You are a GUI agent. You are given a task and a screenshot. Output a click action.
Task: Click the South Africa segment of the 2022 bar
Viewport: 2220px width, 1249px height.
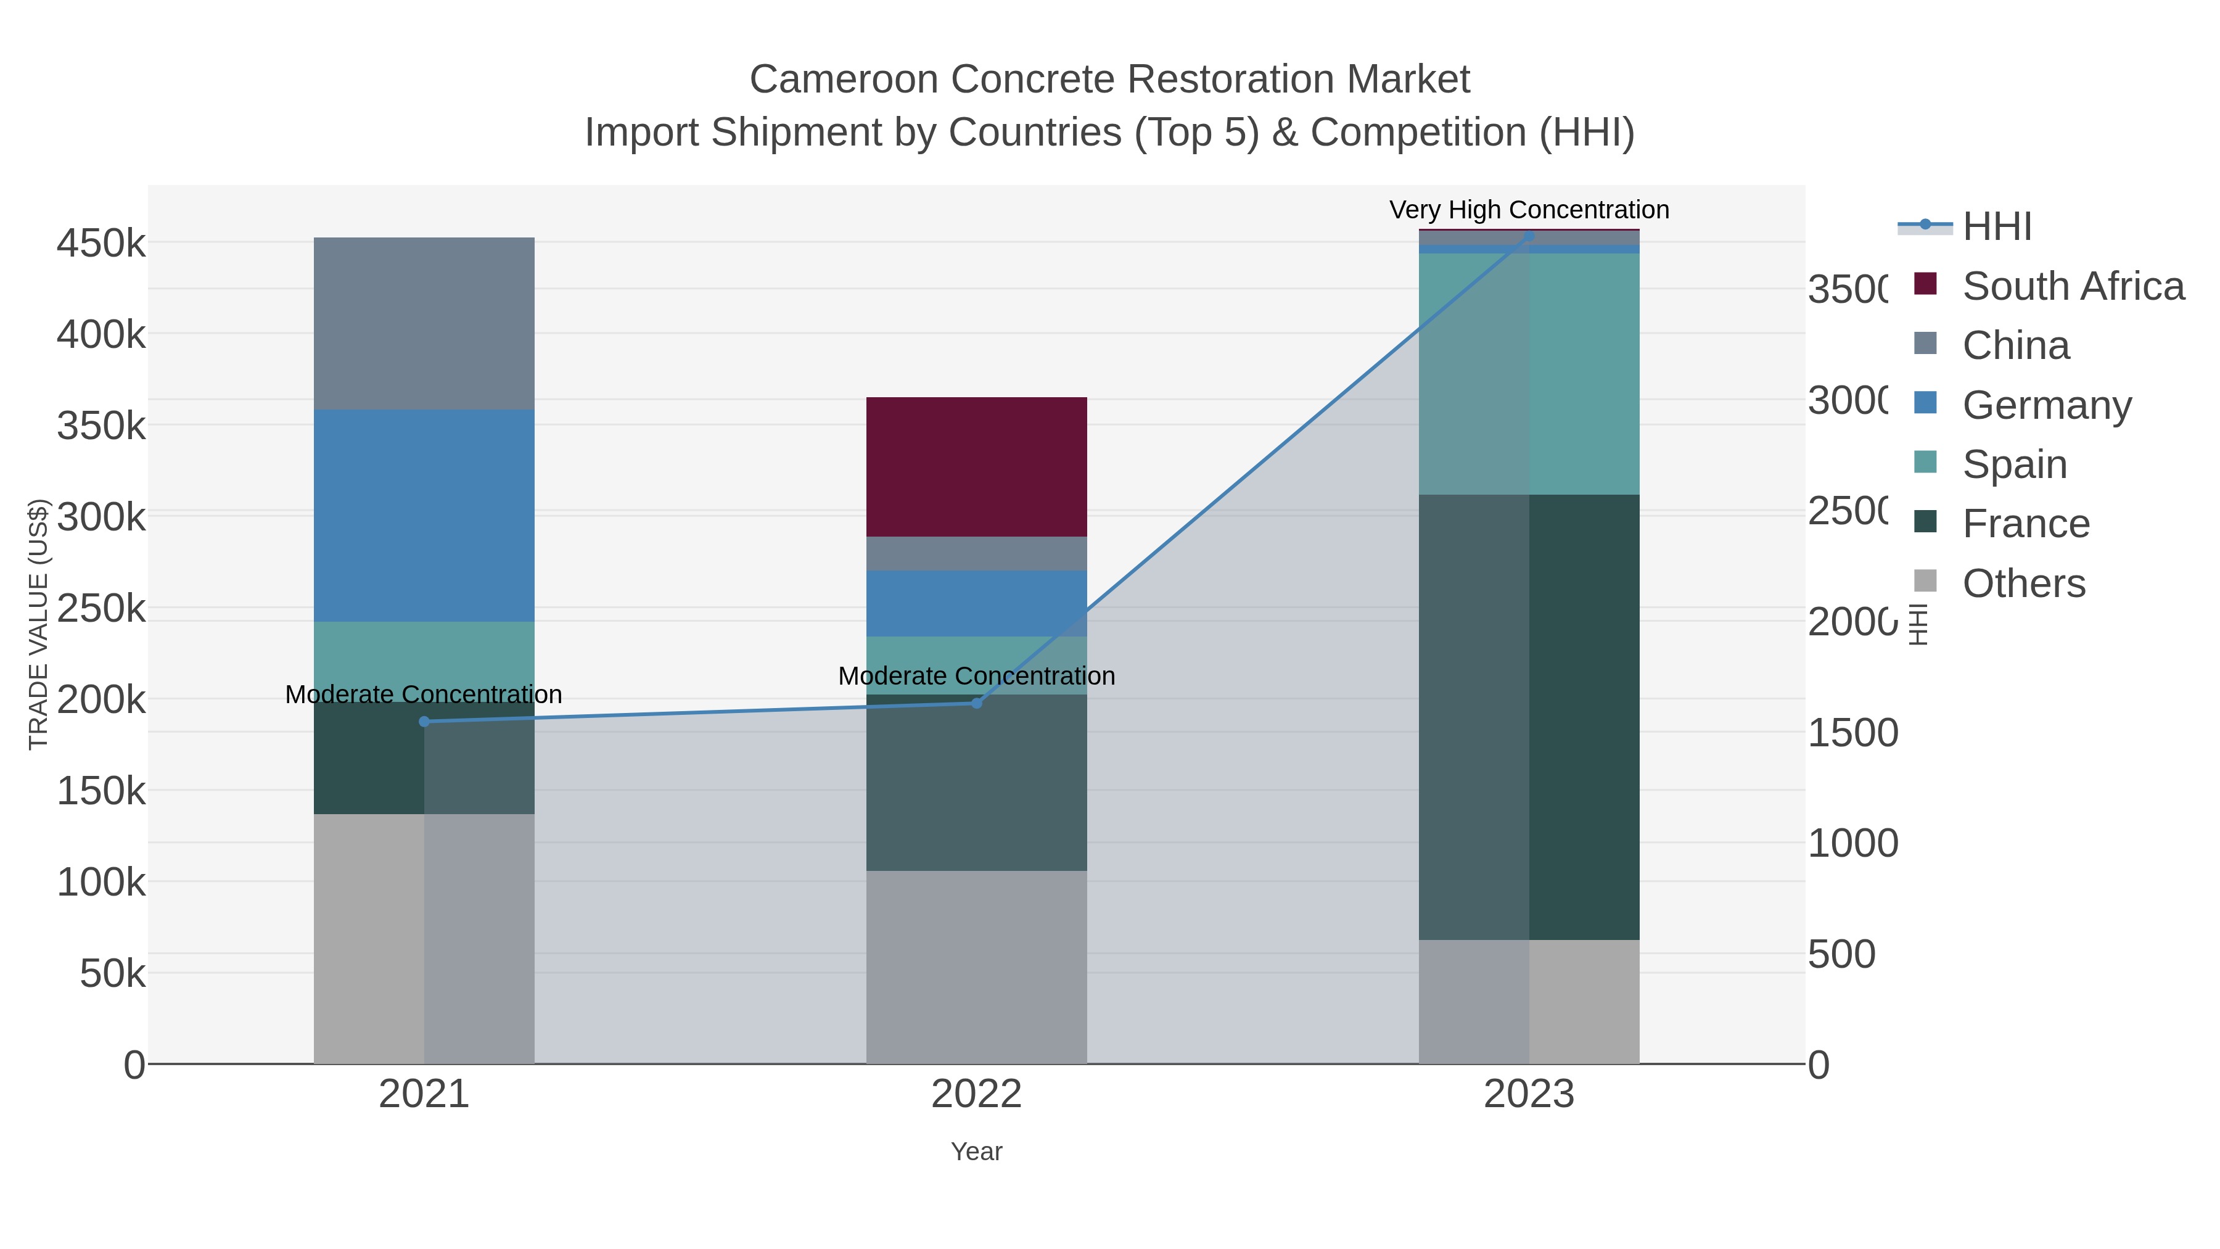tap(976, 466)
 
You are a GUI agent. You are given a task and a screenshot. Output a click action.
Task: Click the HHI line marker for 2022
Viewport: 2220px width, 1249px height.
tap(976, 703)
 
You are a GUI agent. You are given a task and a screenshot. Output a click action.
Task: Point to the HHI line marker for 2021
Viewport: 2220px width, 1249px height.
tap(424, 722)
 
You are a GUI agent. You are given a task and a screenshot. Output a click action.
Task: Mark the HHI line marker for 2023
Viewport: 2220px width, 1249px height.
tap(1529, 234)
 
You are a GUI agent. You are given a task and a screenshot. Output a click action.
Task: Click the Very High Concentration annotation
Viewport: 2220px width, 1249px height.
tap(1529, 210)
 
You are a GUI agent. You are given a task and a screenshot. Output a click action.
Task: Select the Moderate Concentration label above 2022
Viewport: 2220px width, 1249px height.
tap(976, 676)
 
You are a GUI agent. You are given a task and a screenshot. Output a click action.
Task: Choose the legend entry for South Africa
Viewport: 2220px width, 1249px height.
tap(2073, 286)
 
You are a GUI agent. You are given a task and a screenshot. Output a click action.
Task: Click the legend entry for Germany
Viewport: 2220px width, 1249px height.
tap(2047, 405)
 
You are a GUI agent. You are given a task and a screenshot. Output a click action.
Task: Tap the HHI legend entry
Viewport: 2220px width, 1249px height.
tap(1997, 227)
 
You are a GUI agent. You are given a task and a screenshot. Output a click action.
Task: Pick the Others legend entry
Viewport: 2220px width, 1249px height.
tap(2023, 583)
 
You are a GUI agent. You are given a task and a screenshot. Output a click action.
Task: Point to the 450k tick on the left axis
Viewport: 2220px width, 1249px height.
tap(102, 243)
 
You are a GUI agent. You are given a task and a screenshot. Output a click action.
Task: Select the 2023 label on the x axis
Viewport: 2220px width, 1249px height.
tap(1529, 1094)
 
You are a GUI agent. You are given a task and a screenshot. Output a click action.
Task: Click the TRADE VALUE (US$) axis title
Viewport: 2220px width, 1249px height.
tap(39, 624)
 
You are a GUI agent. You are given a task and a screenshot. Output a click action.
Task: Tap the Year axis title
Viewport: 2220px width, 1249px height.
tap(976, 1152)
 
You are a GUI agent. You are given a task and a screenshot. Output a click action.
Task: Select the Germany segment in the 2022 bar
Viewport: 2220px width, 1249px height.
tap(976, 603)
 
